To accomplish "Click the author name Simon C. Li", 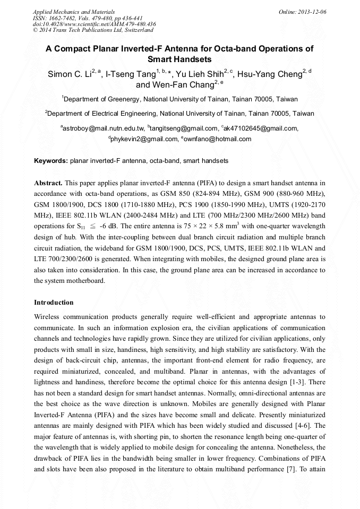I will point(69,74).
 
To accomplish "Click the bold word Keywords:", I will point(51,160).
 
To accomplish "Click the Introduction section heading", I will point(54,303).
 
